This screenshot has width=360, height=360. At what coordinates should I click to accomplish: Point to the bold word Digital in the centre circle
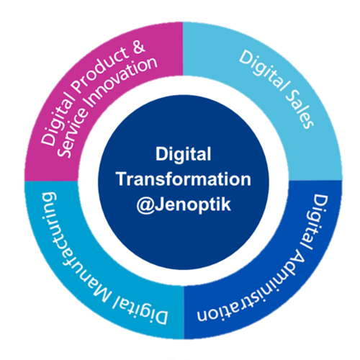183,155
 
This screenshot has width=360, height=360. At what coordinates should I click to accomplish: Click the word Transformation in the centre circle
184,179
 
